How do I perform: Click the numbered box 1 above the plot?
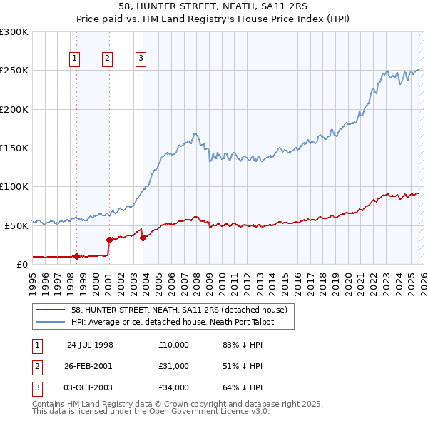pyautogui.click(x=76, y=59)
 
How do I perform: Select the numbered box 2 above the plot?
pyautogui.click(x=108, y=59)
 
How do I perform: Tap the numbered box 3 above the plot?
pyautogui.click(x=141, y=59)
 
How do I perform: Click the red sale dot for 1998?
pyautogui.click(x=77, y=256)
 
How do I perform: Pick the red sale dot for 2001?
pyautogui.click(x=109, y=240)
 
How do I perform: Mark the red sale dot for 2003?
pyautogui.click(x=143, y=238)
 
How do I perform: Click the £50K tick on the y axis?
pyautogui.click(x=16, y=225)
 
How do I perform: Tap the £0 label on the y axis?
pyautogui.click(x=21, y=264)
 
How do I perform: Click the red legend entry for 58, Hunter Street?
pyautogui.click(x=179, y=310)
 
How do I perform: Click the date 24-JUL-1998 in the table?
pyautogui.click(x=90, y=344)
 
